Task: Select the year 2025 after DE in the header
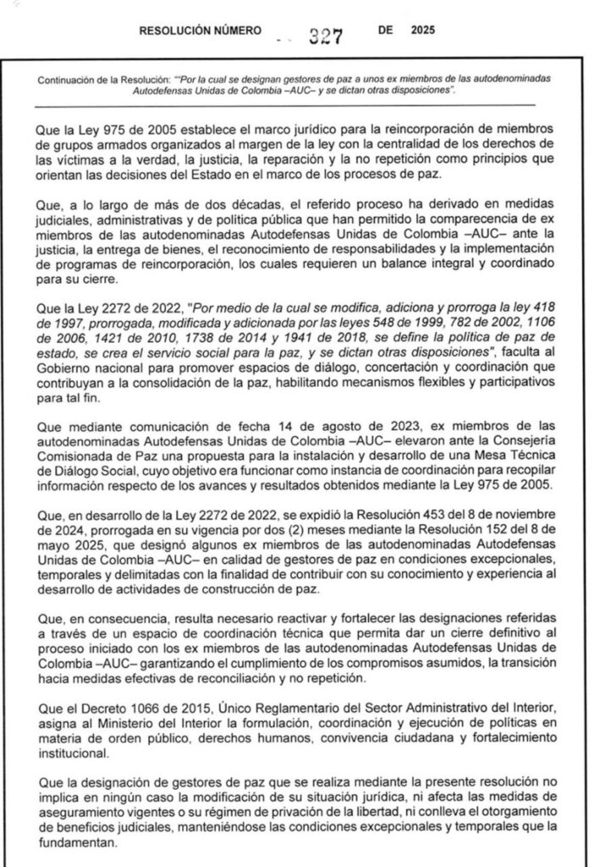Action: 421,30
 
